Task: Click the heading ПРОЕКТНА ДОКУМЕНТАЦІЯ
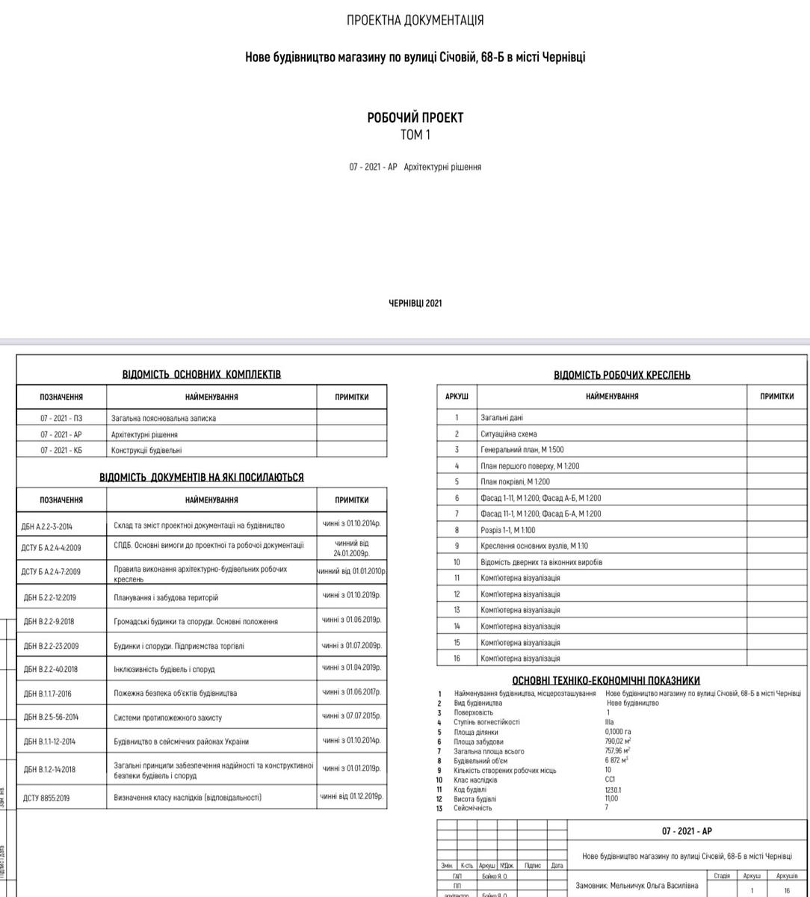415,20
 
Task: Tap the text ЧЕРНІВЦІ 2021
415,303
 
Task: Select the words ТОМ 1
415,135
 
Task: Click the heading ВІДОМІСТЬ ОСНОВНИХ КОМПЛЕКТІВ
202,374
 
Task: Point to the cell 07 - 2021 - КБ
61,451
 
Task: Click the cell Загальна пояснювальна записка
164,419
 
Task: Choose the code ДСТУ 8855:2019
46,798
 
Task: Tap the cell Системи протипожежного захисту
167,718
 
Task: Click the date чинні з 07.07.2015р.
351,716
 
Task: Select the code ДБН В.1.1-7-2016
48,694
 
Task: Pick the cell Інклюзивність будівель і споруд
164,670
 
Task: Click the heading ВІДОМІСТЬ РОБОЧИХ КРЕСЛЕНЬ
622,374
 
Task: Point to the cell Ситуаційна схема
508,434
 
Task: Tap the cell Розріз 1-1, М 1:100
507,530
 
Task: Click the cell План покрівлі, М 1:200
515,482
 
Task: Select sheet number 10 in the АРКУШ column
457,562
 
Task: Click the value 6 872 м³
618,761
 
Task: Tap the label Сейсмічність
473,808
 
